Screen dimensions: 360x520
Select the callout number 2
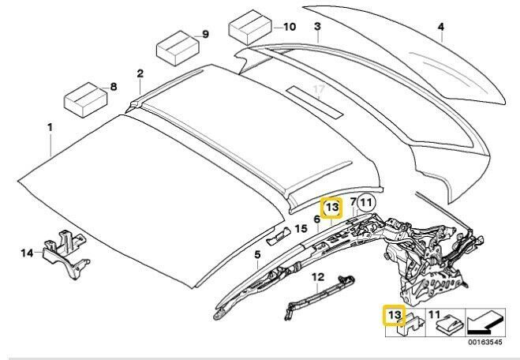point(140,74)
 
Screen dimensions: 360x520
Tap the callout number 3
point(316,27)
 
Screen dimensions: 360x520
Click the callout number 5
point(256,254)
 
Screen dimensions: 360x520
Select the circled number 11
point(365,204)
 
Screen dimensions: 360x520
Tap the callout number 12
point(318,276)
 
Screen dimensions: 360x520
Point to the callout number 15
point(300,229)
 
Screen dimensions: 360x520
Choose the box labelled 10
point(249,30)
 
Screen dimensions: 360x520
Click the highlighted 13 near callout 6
point(332,208)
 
